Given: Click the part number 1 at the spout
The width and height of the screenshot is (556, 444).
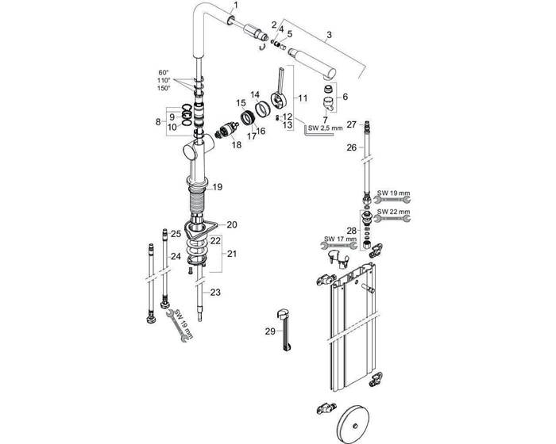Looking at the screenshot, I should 234,6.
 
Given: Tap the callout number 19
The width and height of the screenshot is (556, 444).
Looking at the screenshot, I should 218,187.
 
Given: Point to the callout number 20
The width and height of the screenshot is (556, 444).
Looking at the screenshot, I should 231,224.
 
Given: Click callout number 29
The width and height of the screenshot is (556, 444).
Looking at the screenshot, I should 269,329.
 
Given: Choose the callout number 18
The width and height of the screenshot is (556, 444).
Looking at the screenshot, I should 236,145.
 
